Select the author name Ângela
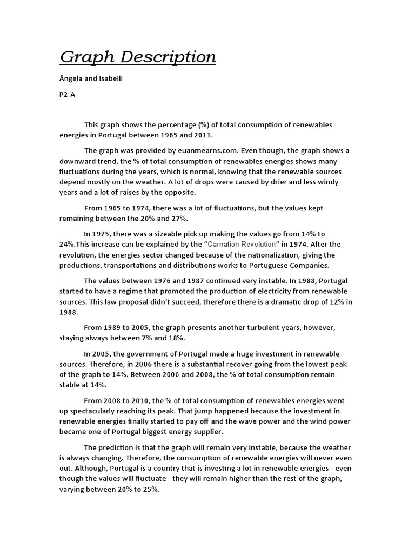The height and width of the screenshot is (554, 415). (x=71, y=79)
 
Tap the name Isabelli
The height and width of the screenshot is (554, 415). (x=109, y=79)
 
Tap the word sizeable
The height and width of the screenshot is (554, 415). (x=161, y=234)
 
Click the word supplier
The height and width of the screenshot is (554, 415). (x=200, y=432)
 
